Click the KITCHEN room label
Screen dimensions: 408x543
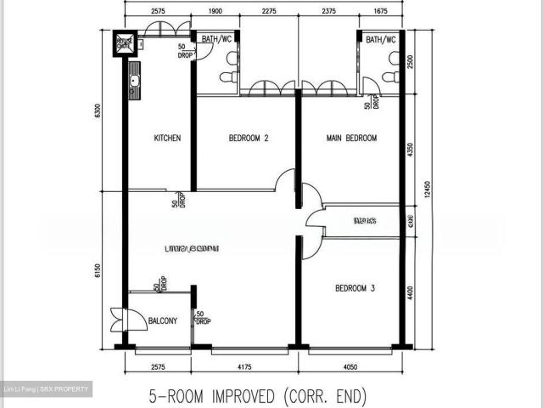pyautogui.click(x=167, y=139)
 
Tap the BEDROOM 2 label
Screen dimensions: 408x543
pyautogui.click(x=249, y=139)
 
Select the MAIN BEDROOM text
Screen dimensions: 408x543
pyautogui.click(x=351, y=139)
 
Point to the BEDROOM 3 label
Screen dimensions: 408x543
pyautogui.click(x=355, y=288)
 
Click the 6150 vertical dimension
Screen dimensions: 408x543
pyautogui.click(x=99, y=270)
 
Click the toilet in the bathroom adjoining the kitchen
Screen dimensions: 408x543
pyautogui.click(x=227, y=77)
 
